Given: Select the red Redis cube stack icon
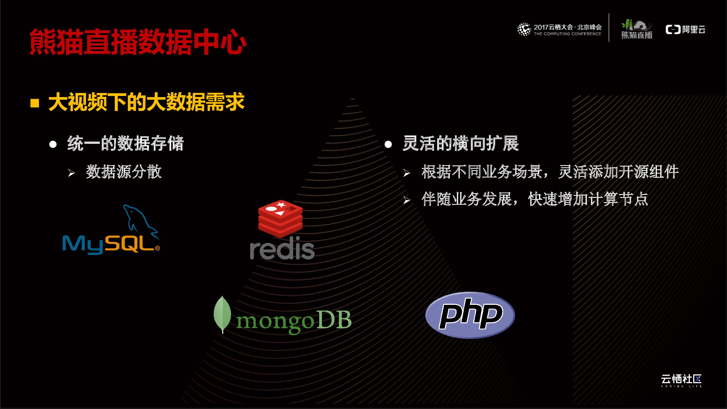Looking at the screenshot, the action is coord(280,218).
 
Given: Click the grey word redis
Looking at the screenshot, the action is coord(282,250).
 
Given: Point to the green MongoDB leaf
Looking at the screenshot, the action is coord(222,314).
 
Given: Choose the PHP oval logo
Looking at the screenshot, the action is coord(470,315).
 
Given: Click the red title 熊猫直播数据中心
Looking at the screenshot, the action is coord(138,42).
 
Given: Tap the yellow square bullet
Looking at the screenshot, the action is coord(34,103).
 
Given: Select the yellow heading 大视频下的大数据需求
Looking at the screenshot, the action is coord(146,102).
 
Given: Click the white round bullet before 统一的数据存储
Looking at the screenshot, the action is coord(53,145).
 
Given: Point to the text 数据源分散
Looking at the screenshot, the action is coord(123,172).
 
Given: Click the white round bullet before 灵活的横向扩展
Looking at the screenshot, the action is coord(388,145).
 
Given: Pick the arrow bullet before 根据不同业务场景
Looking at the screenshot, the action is coord(406,173).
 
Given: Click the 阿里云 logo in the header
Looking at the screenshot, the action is coord(685,29).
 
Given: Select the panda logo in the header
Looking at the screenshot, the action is coord(637,29).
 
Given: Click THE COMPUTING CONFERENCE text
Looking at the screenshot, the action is coord(567,34).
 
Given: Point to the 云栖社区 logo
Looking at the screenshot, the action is coord(681,380).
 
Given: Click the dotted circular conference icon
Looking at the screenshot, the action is coord(524,29).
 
